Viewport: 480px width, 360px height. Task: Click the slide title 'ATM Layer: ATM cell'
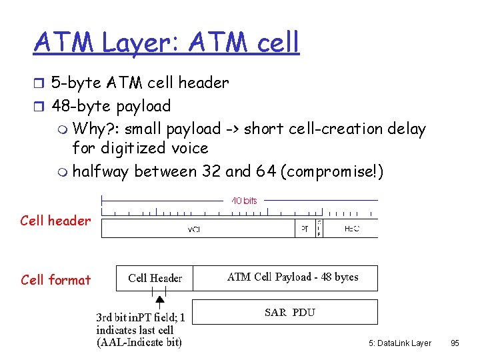tap(167, 42)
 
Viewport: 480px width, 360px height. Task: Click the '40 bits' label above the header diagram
tap(244, 200)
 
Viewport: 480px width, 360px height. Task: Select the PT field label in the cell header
tap(304, 228)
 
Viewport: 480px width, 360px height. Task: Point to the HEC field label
tap(352, 228)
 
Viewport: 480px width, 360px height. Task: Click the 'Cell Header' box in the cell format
tap(155, 278)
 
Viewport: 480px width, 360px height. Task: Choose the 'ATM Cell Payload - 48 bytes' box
tap(293, 277)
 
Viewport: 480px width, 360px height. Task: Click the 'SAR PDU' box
tap(289, 312)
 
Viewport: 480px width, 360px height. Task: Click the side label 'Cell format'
tap(55, 280)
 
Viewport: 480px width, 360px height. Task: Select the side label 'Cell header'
tap(55, 221)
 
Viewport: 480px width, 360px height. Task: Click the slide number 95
tap(455, 343)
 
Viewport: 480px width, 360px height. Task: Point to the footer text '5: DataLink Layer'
tap(399, 343)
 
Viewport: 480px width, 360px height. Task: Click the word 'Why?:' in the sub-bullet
tap(96, 129)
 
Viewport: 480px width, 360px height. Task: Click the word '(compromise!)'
tap(333, 171)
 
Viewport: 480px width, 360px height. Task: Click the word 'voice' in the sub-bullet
tap(190, 148)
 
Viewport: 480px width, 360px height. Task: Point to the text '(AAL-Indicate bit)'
tap(139, 343)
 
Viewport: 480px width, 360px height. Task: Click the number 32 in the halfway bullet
tap(212, 171)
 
